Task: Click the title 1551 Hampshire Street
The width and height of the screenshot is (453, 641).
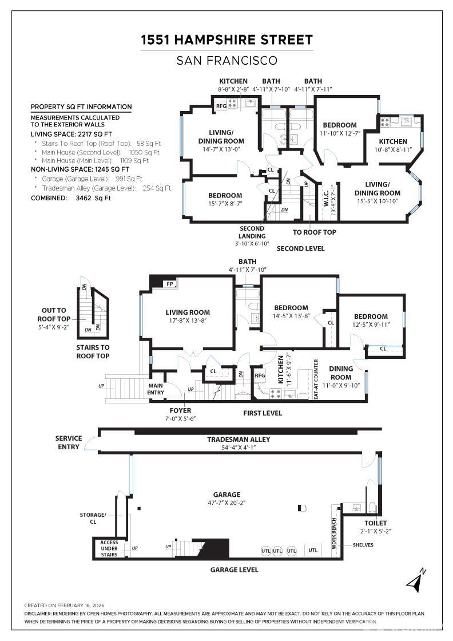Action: click(227, 39)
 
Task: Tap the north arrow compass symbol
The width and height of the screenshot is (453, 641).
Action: click(416, 580)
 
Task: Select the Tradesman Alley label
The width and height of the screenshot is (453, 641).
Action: click(239, 440)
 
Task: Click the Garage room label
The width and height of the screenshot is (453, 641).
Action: click(227, 494)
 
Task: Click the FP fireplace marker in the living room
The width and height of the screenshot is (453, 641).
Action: click(170, 284)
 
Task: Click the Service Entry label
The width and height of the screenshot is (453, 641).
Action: click(69, 442)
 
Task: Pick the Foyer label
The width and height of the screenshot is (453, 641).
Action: click(180, 410)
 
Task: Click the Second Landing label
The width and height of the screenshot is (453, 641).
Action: click(252, 232)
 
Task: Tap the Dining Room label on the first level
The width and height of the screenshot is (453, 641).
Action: click(341, 373)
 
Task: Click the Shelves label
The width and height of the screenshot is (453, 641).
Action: click(363, 545)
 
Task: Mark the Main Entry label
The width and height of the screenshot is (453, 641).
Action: click(156, 389)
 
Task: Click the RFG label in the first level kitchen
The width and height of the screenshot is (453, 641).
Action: click(260, 375)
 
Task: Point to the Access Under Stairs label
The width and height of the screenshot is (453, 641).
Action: click(109, 548)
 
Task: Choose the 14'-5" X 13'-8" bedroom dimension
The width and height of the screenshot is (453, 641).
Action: click(291, 316)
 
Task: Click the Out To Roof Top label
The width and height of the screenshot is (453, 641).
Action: click(54, 315)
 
